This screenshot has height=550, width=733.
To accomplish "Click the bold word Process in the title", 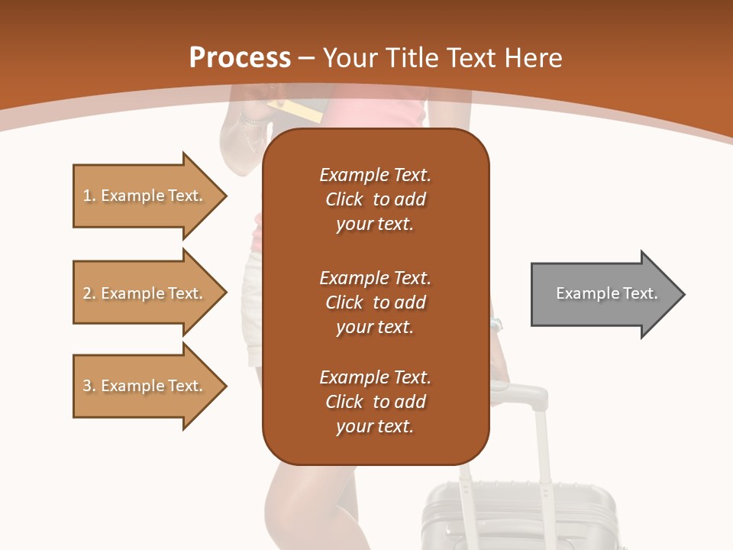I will coord(240,57).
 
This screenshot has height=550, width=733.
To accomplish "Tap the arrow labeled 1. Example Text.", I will coord(145,196).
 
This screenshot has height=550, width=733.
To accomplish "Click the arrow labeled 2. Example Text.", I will coord(145,293).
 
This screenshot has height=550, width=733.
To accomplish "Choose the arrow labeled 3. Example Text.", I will coord(145,386).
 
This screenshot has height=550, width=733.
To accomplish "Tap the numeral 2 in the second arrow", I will coord(87,293).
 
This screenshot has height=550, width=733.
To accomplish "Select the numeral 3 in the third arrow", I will coord(87,386).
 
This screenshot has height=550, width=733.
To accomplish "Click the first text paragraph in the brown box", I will coord(375,199).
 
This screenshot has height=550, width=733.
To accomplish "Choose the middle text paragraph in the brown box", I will coord(375,302).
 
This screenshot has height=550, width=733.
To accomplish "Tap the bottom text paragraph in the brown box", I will coord(375,402).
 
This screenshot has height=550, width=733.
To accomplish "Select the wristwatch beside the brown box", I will coord(496,324).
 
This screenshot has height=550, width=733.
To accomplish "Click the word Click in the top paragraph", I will coord(344,199).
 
